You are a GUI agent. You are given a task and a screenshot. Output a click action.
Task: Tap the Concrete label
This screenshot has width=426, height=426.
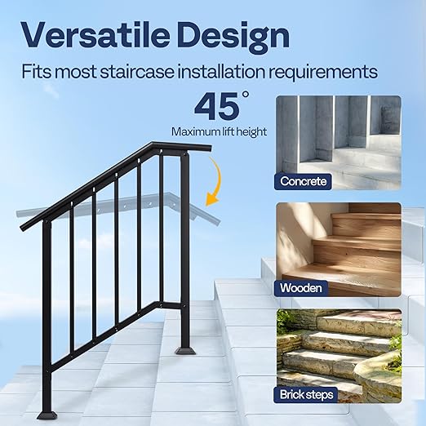click(304, 180)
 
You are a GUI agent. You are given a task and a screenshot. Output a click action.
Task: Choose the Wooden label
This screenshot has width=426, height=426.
click(301, 287)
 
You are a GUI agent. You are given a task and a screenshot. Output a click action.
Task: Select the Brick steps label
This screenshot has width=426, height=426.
click(307, 394)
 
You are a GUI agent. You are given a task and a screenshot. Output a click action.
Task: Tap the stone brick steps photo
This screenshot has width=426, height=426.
click(338, 351)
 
